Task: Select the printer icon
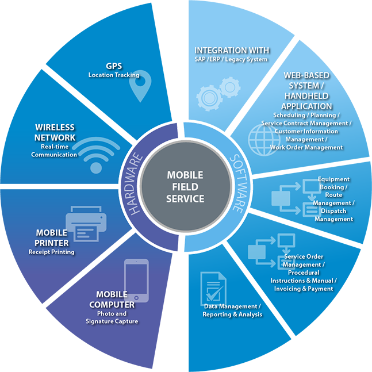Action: [x=86, y=224]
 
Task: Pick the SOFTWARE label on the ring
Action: [x=237, y=184]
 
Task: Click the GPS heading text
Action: [x=114, y=66]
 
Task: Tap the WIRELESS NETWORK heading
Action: [x=55, y=132]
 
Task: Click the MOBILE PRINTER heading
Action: [x=52, y=237]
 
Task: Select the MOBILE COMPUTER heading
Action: [x=116, y=300]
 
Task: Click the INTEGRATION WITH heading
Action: [x=232, y=51]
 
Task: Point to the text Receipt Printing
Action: [x=52, y=252]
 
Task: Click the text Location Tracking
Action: [x=114, y=75]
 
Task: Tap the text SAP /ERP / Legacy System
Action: [x=231, y=60]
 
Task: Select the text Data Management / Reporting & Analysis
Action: [x=232, y=310]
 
